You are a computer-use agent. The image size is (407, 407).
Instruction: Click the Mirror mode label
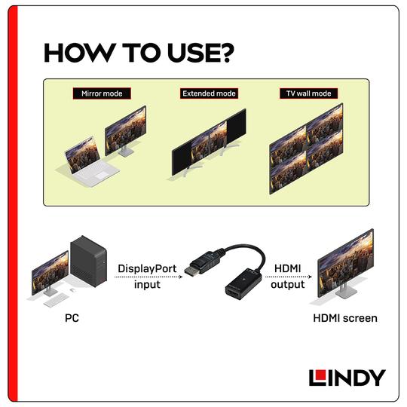(x=101, y=94)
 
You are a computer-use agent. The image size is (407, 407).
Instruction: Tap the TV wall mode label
(x=309, y=94)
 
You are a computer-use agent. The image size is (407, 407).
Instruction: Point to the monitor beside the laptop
(x=125, y=130)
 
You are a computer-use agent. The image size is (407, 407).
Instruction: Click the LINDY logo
(x=347, y=377)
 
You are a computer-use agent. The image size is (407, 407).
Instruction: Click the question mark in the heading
(x=224, y=54)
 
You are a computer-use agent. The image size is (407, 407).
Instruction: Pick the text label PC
(x=72, y=319)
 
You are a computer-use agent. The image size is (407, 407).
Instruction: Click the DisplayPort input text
(x=147, y=276)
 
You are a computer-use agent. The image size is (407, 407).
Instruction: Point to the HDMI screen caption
(x=344, y=319)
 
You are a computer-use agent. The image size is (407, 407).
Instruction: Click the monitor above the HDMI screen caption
(x=345, y=260)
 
